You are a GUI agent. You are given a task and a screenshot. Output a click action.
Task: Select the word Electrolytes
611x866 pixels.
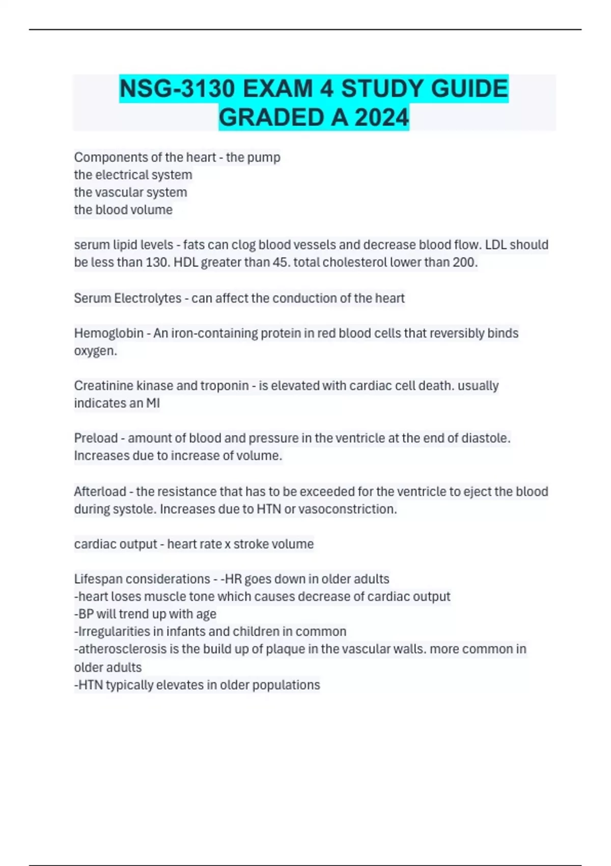tap(148, 298)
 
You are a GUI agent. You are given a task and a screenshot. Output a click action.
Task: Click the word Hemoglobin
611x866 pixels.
tap(108, 333)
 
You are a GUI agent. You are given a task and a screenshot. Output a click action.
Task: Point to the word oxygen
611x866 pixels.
tap(95, 351)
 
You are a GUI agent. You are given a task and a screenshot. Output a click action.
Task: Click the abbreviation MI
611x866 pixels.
tap(153, 403)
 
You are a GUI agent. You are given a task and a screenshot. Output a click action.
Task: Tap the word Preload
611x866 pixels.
tap(96, 438)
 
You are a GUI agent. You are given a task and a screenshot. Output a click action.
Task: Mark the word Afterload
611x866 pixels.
tap(100, 492)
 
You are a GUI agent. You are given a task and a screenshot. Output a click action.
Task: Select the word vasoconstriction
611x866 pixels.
tap(347, 509)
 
